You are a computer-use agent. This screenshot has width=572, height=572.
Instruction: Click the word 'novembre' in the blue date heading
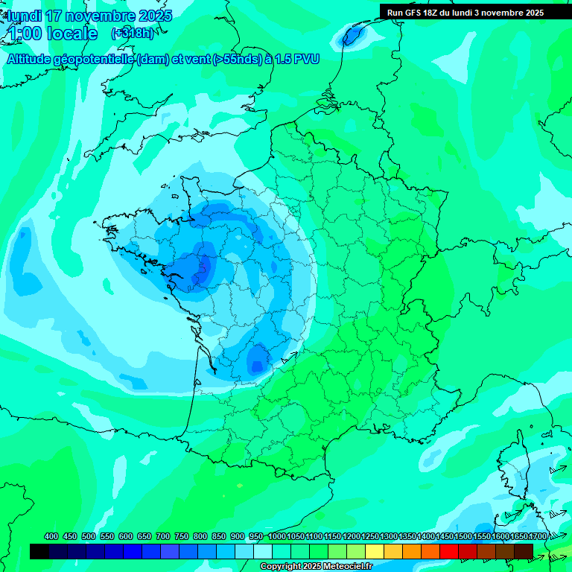click(x=96, y=16)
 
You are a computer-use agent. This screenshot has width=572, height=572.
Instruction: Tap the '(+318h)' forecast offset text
click(x=133, y=33)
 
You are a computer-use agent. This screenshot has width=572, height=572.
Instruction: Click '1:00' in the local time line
click(x=25, y=34)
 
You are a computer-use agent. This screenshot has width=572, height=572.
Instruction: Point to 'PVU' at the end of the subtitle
click(x=307, y=59)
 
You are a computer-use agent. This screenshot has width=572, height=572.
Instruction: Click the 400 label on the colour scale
click(x=51, y=537)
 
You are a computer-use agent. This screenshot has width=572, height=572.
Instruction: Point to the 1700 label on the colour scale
click(x=538, y=537)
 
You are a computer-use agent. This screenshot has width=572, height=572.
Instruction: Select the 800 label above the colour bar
click(x=200, y=537)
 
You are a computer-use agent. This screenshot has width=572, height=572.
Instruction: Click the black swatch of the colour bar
click(x=39, y=551)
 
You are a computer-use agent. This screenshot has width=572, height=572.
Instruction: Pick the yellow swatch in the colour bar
click(x=375, y=551)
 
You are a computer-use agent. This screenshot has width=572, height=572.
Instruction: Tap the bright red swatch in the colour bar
click(x=449, y=551)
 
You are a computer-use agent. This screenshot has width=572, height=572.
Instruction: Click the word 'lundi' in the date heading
click(x=24, y=16)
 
